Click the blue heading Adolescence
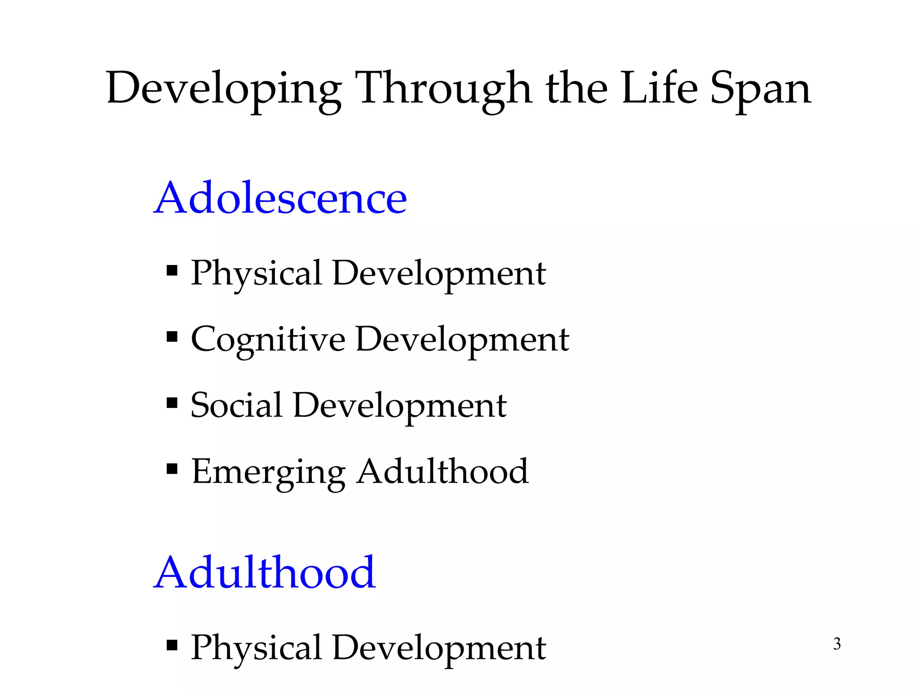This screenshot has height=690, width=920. [280, 198]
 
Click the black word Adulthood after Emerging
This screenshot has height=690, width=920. [442, 471]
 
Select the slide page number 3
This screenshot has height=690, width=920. [837, 644]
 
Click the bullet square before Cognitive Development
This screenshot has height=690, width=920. [172, 337]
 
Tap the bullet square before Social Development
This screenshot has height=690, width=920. [172, 402]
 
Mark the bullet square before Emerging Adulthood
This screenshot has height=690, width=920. [172, 469]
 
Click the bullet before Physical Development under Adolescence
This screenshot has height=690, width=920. [172, 271]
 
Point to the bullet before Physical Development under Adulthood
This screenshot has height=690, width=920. [172, 646]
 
